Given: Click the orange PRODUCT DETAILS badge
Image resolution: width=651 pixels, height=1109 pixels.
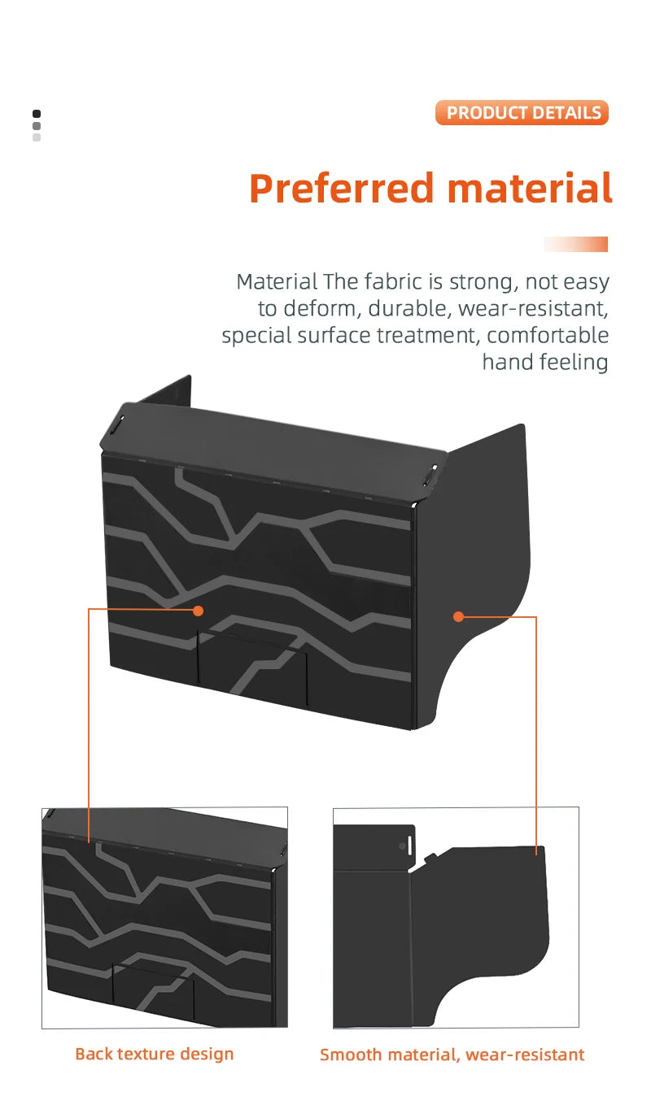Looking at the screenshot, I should point(522,112).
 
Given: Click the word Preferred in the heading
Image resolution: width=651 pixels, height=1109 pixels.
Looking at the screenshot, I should point(342,189).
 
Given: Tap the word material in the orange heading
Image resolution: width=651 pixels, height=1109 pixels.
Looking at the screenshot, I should point(530,189).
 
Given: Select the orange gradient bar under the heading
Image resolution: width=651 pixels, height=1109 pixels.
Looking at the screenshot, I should point(575,244).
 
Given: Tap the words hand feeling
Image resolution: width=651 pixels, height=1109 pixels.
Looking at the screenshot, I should point(545,362).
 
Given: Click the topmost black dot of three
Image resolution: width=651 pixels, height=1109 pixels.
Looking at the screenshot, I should point(37,114).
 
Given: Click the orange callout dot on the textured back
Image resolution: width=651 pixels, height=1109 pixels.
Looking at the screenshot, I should point(198,610).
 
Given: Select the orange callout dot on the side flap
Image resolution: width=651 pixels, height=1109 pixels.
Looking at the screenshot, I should point(458,617).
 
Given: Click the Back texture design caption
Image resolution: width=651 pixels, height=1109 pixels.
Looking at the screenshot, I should point(154,1054).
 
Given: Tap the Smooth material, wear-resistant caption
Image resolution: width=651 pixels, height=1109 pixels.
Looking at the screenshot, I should point(452,1055).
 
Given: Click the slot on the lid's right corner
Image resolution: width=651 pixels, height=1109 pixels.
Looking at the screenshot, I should point(435,472).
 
